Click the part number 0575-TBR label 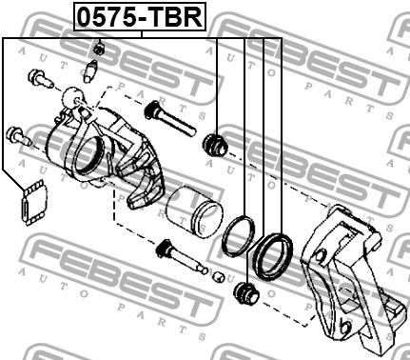click(140, 16)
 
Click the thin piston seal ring click(239, 235)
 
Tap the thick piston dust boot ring click(273, 256)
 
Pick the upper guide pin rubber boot click(215, 145)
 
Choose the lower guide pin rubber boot click(245, 293)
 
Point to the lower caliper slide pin click(182, 257)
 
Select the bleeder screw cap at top click(100, 49)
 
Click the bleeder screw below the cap click(91, 70)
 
